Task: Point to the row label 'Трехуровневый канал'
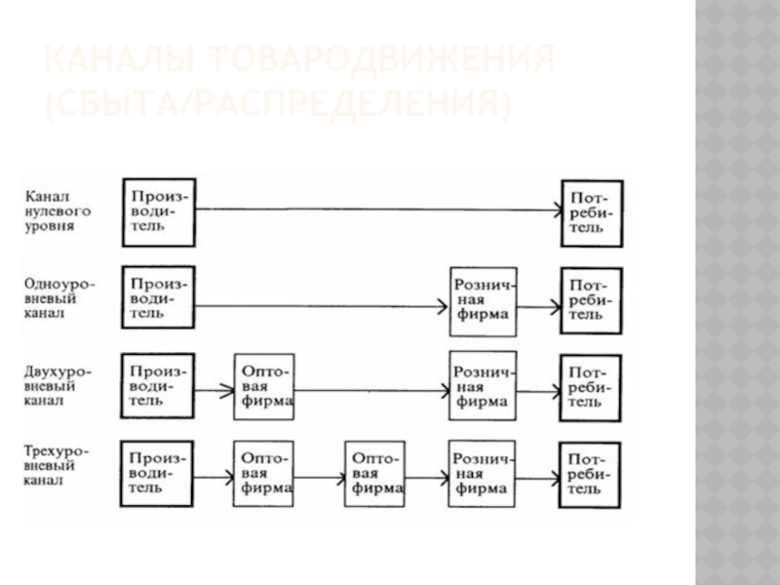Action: pyautogui.click(x=60, y=465)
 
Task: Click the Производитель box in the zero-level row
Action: pyautogui.click(x=158, y=211)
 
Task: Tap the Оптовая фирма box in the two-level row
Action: pyautogui.click(x=263, y=386)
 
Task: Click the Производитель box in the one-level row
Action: pyautogui.click(x=158, y=298)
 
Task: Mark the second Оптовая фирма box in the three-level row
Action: pyautogui.click(x=374, y=474)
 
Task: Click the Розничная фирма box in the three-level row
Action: pyautogui.click(x=483, y=473)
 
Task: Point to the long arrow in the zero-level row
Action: pyautogui.click(x=376, y=209)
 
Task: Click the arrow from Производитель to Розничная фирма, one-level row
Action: pyautogui.click(x=322, y=307)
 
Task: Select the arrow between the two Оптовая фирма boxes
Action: pyautogui.click(x=319, y=477)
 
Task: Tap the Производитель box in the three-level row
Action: pyautogui.click(x=158, y=473)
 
